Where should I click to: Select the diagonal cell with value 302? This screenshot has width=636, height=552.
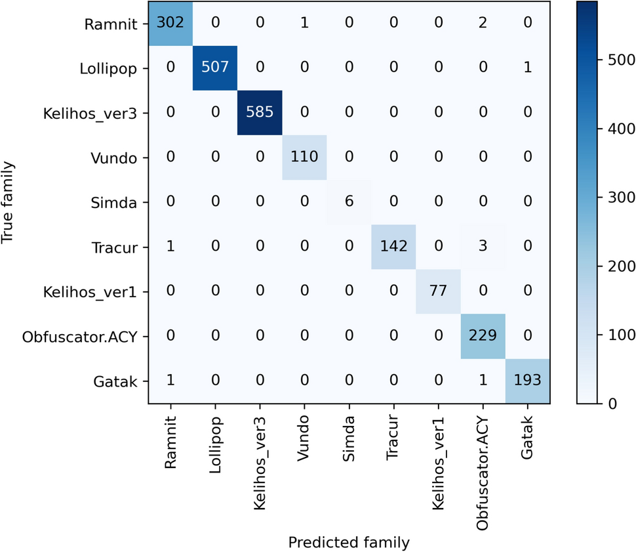pos(170,24)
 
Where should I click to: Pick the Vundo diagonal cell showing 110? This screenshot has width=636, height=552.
pos(304,158)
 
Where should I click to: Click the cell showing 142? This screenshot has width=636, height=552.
pos(393,247)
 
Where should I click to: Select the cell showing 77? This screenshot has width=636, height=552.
pos(438,291)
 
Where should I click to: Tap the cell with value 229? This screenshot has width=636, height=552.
pos(483,336)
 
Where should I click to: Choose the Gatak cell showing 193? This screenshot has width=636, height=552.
pos(527,381)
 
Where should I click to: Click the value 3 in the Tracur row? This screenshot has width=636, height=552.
pos(483,247)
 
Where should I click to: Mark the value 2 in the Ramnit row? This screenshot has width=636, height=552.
pos(483,24)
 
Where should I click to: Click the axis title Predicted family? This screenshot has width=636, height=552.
pos(349,542)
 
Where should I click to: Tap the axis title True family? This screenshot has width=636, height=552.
pos(9,203)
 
